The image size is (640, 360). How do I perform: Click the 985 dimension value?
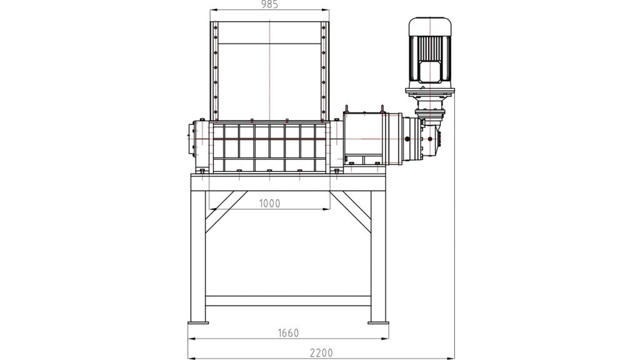point(269,4)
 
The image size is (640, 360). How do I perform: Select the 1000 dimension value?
point(269,203)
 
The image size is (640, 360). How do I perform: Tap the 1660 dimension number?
point(288,333)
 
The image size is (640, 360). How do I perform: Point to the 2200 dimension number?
point(321,352)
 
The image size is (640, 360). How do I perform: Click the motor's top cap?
point(430,26)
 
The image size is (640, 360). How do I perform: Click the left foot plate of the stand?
point(198,322)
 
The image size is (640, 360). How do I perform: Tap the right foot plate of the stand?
point(378,322)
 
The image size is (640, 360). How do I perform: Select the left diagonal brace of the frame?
point(226,211)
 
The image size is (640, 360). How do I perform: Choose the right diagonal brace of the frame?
point(350,211)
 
